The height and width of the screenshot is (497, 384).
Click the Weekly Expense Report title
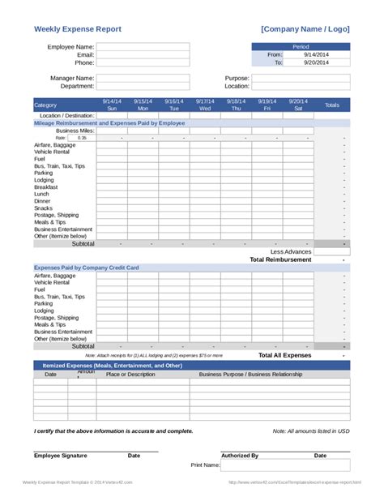click(78, 29)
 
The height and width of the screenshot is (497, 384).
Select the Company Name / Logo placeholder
click(305, 29)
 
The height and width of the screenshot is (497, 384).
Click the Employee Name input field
click(143, 47)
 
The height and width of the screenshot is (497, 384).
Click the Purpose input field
click(301, 79)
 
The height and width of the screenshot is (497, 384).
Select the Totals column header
click(332, 105)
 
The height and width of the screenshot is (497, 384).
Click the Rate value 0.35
click(82, 138)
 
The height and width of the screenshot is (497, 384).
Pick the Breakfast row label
click(47, 186)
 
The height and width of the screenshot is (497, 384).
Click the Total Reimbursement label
click(280, 259)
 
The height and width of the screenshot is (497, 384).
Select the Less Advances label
click(291, 251)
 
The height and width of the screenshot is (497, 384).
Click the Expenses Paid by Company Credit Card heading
click(87, 268)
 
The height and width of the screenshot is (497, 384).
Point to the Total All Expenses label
click(284, 355)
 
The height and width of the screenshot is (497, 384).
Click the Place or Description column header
click(130, 375)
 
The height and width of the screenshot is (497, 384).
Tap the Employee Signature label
click(61, 456)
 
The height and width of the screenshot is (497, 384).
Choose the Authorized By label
click(240, 456)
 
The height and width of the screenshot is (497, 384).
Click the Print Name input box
click(285, 465)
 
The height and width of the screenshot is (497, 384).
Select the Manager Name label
click(71, 78)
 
